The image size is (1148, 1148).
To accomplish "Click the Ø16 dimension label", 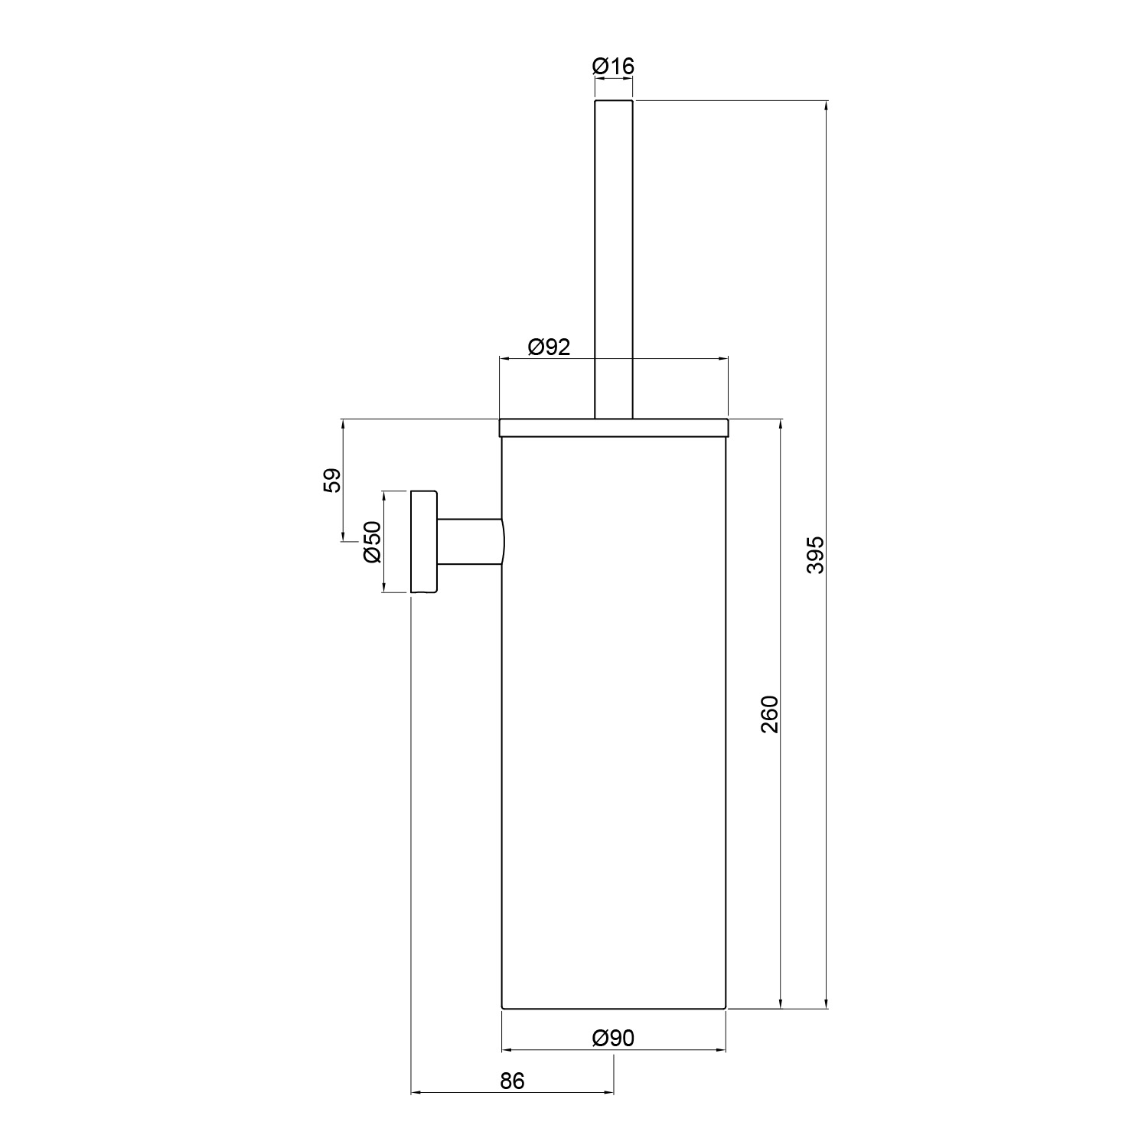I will pyautogui.click(x=613, y=67).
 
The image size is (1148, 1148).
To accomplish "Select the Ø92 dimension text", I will pyautogui.click(x=549, y=347).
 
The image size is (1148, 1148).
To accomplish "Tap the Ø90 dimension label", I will pyautogui.click(x=613, y=1038).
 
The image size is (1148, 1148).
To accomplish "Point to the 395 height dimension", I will pyautogui.click(x=815, y=555).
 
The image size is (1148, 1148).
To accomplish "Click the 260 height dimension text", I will pyautogui.click(x=769, y=714).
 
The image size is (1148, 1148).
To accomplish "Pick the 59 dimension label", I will pyautogui.click(x=331, y=481).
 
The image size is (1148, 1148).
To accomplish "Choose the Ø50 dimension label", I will pyautogui.click(x=372, y=542).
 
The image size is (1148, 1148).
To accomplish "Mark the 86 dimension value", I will pyautogui.click(x=512, y=1081).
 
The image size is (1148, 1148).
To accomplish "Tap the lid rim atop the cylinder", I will pyautogui.click(x=613, y=428).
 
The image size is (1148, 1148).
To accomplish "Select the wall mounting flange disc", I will pyautogui.click(x=424, y=542).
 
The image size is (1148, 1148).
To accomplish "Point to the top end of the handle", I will pyautogui.click(x=613, y=101).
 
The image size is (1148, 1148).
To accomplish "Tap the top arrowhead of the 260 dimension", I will pyautogui.click(x=781, y=426).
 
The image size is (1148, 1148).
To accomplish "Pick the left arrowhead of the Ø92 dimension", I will pyautogui.click(x=505, y=359).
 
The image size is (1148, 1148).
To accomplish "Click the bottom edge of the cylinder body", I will pyautogui.click(x=613, y=1009).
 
